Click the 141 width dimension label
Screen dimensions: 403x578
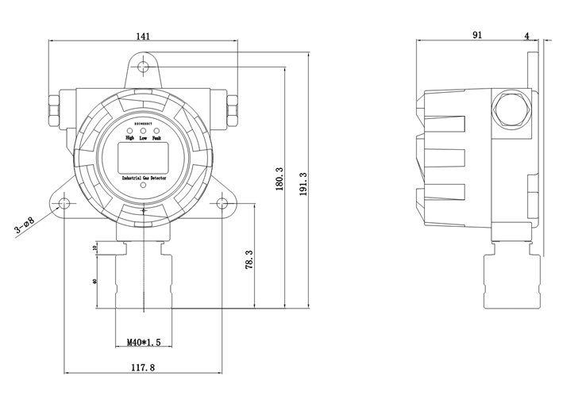click(x=143, y=35)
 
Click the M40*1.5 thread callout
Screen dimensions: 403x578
click(x=144, y=343)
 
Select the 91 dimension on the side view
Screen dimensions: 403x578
click(x=477, y=35)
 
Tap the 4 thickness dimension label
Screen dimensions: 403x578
click(x=527, y=35)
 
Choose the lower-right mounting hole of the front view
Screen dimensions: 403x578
click(x=222, y=205)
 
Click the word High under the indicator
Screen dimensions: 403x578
click(x=129, y=138)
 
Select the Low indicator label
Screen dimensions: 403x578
click(x=143, y=138)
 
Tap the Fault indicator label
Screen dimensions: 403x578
click(x=157, y=138)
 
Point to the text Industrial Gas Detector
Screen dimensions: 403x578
click(x=143, y=180)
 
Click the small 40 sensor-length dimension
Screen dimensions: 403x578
click(x=95, y=282)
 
